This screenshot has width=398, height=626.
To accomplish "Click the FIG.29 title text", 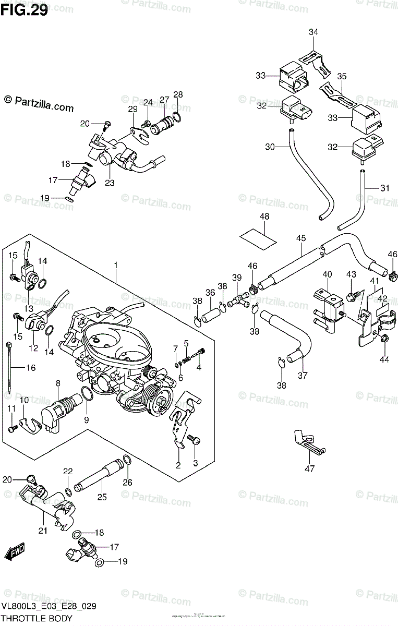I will coord(26,10).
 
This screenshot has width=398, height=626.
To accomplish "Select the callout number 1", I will coord(116,266).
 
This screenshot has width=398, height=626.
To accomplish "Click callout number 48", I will coord(264,216).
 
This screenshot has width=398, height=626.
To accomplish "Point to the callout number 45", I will coord(301,238).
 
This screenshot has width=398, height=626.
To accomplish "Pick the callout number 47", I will coord(310,468).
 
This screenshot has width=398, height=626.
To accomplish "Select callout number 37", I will coord(303,375).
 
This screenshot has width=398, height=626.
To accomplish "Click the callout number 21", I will coord(42,531).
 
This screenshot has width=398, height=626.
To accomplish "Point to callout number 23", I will coord(110,183).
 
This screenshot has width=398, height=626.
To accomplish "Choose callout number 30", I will coord(269,147).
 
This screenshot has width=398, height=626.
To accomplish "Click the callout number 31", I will coord(385,188).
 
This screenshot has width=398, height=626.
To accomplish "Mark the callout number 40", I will coord(327,274).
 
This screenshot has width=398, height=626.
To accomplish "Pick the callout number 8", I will coord(58,383).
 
